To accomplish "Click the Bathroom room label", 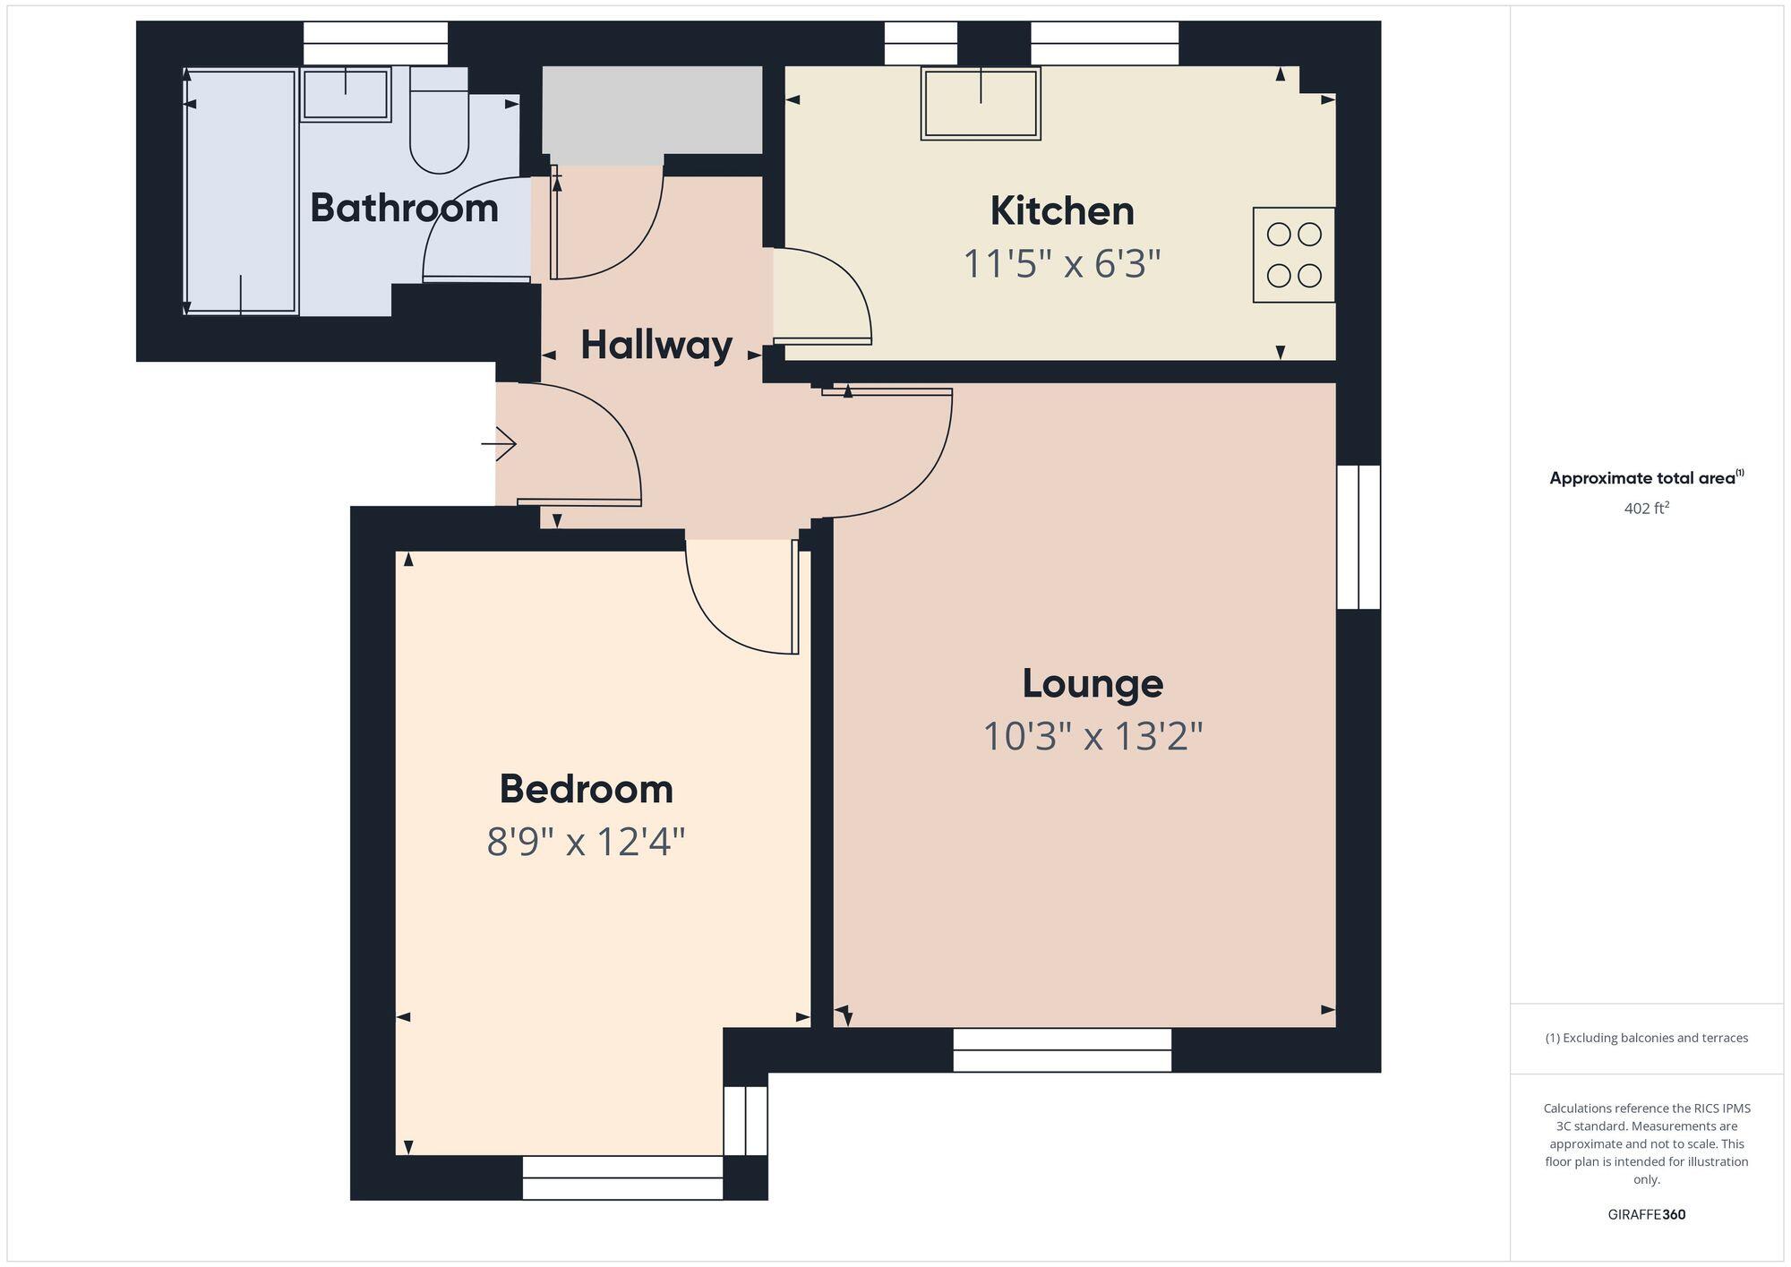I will click(404, 208).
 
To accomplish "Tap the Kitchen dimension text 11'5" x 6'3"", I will click(1061, 264).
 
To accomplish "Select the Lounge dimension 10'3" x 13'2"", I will click(1093, 737).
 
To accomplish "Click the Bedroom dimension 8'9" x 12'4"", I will click(586, 843).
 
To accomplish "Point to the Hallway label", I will click(656, 345).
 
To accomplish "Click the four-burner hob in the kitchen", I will click(1294, 255).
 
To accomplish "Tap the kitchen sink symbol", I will click(981, 103).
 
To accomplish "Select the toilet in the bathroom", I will click(439, 125).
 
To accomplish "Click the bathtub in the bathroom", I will click(241, 192).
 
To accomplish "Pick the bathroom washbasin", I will click(346, 93).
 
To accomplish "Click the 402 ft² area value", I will click(1646, 509).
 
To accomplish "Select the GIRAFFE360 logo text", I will click(1646, 1215).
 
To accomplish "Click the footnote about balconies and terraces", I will click(1646, 1039).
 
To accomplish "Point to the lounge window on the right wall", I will click(1358, 537).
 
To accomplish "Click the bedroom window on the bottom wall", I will click(622, 1177).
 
